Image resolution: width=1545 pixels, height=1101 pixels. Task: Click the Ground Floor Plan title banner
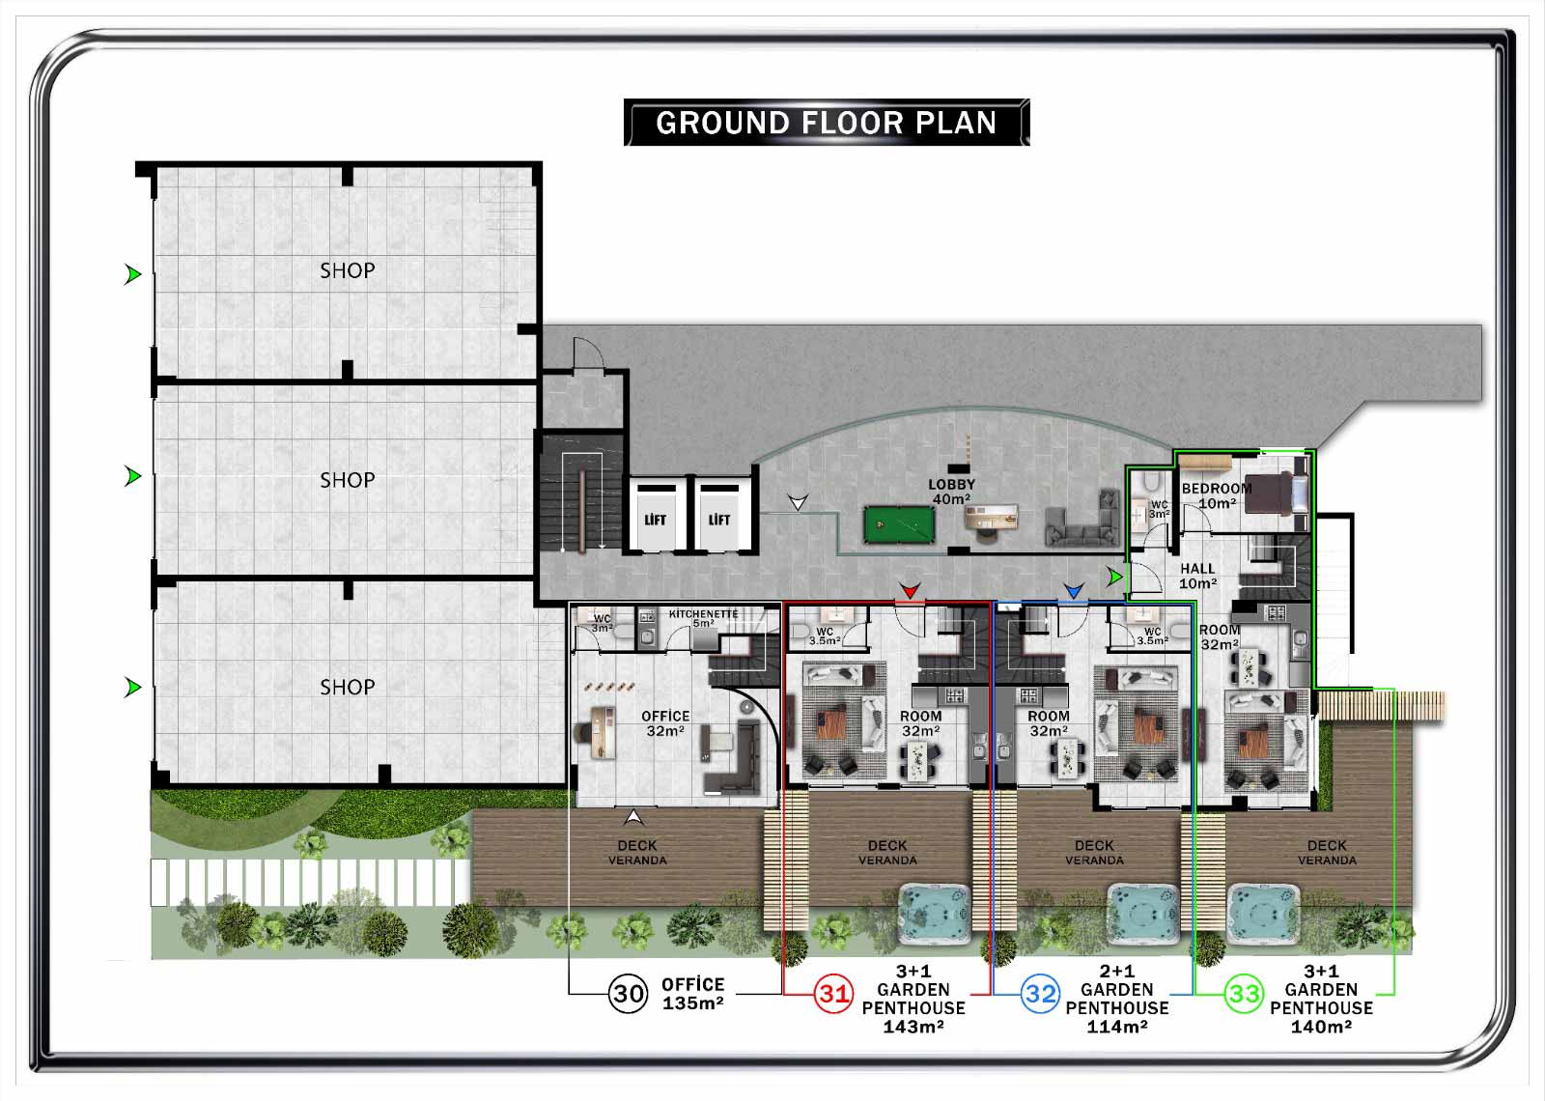tap(827, 123)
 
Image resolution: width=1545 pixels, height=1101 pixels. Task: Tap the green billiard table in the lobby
tap(899, 525)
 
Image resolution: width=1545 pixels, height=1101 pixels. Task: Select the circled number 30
tap(628, 994)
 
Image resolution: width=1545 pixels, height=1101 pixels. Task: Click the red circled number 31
tap(833, 994)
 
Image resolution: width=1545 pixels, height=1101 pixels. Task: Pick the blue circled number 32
tap(1040, 994)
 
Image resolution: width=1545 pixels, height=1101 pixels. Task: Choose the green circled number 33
tap(1245, 994)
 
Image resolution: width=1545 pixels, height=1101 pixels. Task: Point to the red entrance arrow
tap(910, 590)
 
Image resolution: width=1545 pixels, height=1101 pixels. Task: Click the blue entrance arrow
tap(1073, 590)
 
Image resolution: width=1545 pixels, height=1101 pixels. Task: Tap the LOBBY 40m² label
tap(952, 492)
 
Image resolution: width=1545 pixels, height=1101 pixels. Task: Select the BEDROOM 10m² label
tap(1217, 496)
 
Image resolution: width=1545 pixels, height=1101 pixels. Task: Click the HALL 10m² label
tap(1197, 576)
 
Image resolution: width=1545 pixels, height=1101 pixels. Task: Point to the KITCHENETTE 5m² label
tap(704, 618)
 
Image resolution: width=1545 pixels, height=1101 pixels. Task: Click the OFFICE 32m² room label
tap(665, 723)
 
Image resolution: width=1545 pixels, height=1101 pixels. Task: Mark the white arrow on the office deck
tap(633, 817)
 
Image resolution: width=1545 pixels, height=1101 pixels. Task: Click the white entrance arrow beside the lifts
tap(798, 502)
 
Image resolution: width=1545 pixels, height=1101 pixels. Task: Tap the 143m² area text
tap(913, 1027)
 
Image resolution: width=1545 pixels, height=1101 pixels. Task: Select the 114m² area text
tap(1117, 1027)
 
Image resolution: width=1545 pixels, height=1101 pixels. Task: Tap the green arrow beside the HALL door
tap(1114, 577)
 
